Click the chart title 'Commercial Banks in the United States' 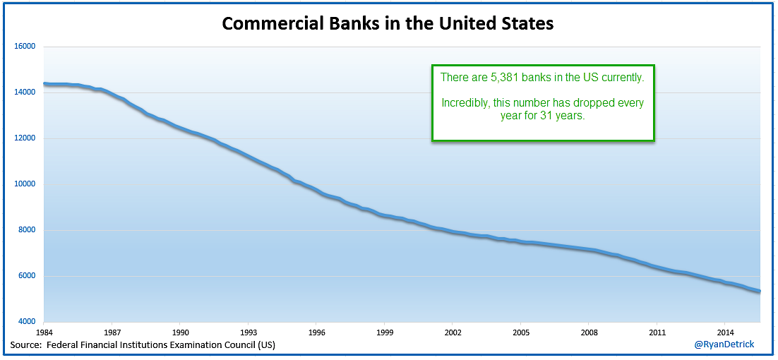pyautogui.click(x=388, y=23)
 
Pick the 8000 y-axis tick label pyautogui.click(x=27, y=230)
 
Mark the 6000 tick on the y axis pyautogui.click(x=27, y=276)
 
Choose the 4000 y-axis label pyautogui.click(x=27, y=321)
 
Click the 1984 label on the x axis pyautogui.click(x=44, y=332)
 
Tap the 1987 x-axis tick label pyautogui.click(x=112, y=332)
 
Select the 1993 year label pyautogui.click(x=249, y=332)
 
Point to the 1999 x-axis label pyautogui.click(x=385, y=332)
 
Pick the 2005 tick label pyautogui.click(x=522, y=332)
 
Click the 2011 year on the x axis pyautogui.click(x=658, y=332)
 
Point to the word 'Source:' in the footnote pyautogui.click(x=26, y=345)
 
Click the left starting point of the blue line pyautogui.click(x=44, y=84)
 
